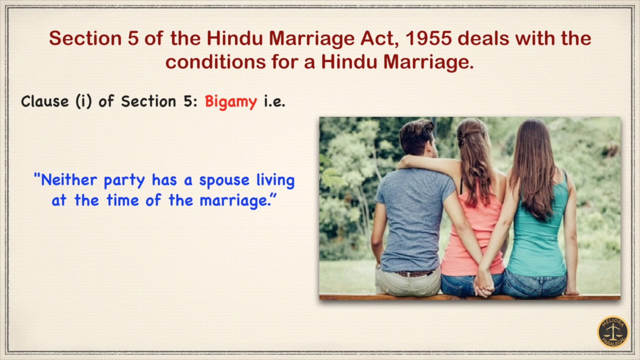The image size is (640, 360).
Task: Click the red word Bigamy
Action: click(230, 102)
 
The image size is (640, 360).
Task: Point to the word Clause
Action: click(45, 102)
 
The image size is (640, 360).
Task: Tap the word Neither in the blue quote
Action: click(67, 180)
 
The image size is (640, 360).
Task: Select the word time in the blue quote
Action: click(119, 200)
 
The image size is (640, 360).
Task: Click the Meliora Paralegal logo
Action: click(613, 331)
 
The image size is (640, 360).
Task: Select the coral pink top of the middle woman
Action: click(472, 235)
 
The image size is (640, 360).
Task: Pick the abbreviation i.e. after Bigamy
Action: click(274, 102)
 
